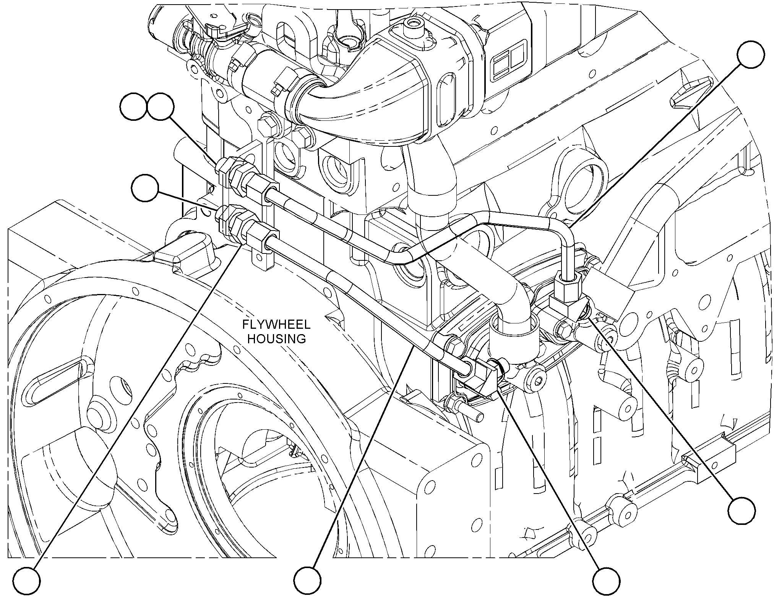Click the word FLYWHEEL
(x=277, y=325)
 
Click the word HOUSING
(x=277, y=339)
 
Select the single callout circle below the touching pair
(x=144, y=188)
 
